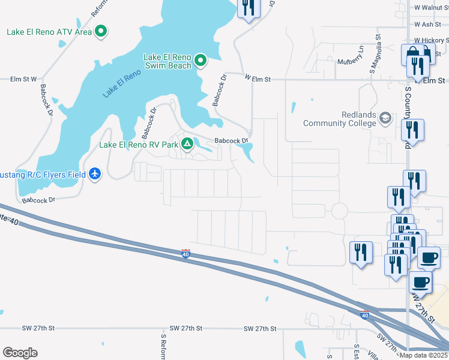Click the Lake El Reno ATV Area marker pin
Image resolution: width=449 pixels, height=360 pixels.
click(101, 31)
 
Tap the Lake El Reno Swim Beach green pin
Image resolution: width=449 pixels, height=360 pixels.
click(200, 60)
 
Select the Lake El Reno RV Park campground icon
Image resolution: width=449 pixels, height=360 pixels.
click(187, 144)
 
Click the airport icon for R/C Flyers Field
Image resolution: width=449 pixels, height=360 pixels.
click(95, 174)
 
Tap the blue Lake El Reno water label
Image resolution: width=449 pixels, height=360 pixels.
click(121, 83)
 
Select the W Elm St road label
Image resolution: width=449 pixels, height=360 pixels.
click(258, 79)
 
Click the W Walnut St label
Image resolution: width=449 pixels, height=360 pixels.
click(431, 8)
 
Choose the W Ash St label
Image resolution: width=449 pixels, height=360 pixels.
click(427, 25)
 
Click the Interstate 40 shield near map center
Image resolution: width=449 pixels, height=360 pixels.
click(186, 254)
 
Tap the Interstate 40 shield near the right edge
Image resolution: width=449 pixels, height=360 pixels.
click(364, 314)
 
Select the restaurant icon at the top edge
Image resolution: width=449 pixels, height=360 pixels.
click(247, 7)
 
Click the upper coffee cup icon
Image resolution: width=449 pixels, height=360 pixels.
click(428, 257)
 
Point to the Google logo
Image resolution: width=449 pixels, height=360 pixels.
click(19, 353)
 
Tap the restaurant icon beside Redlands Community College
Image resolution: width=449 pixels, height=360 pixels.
click(412, 130)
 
